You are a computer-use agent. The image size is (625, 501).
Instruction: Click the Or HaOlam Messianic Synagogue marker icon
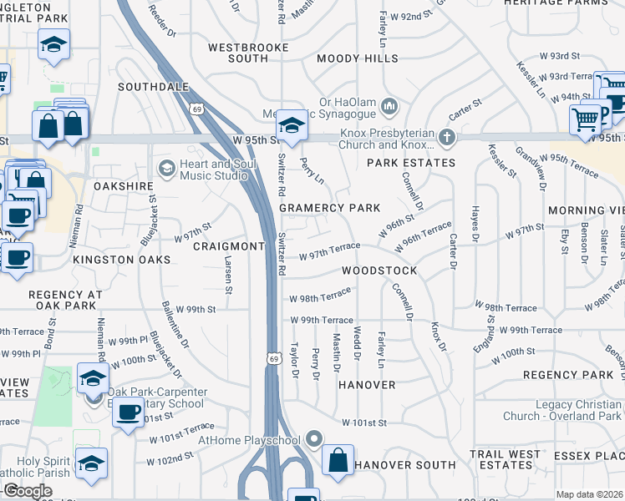click(389, 105)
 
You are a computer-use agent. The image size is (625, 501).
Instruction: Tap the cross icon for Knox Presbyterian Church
click(447, 137)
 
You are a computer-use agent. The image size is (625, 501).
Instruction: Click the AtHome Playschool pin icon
click(314, 438)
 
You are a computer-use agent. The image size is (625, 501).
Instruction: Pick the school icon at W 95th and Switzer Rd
click(292, 125)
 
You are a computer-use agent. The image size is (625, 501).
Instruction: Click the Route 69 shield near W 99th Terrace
click(273, 357)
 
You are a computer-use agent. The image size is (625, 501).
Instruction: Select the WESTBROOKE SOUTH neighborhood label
click(238, 53)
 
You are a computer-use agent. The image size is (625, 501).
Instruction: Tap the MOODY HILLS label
click(358, 59)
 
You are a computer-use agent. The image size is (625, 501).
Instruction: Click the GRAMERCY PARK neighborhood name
click(329, 208)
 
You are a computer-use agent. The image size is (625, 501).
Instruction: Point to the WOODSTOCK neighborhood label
click(379, 272)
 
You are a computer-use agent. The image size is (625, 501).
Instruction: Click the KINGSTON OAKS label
click(121, 261)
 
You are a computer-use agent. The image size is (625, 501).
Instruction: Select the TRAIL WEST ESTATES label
click(506, 459)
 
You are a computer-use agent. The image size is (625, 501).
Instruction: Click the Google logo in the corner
click(28, 491)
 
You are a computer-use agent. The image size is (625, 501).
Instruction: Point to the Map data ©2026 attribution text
click(589, 494)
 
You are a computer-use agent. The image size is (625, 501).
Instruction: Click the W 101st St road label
click(364, 423)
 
